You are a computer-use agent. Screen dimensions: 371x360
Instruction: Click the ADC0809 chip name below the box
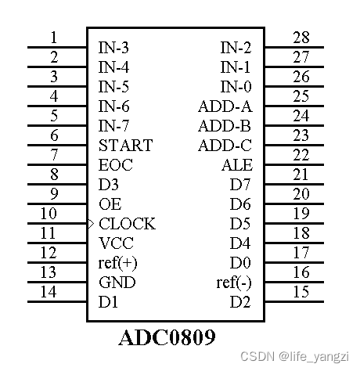[x=167, y=338]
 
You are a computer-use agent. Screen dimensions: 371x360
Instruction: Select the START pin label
[x=125, y=146]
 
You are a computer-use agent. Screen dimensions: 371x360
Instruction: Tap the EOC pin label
[x=116, y=165]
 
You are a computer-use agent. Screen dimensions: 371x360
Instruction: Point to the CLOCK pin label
[x=127, y=224]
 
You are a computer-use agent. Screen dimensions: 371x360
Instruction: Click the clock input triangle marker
[x=91, y=224]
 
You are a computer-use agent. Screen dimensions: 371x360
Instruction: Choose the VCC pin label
[x=116, y=243]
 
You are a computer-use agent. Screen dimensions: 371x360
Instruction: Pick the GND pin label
[x=117, y=283]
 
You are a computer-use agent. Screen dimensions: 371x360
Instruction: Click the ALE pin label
[x=237, y=165]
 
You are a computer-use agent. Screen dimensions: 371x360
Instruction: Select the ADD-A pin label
[x=225, y=106]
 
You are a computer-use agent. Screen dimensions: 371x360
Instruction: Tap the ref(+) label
[x=118, y=263]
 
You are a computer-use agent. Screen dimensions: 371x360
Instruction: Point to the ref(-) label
[x=234, y=283]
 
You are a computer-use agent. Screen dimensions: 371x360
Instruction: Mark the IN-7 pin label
[x=114, y=126]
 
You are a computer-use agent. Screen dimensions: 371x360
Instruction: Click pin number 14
[x=49, y=292]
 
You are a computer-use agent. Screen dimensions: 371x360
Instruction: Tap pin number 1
[x=53, y=38]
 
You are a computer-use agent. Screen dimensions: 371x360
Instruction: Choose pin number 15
[x=301, y=292]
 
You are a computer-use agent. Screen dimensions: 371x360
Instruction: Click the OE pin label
[x=110, y=204]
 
